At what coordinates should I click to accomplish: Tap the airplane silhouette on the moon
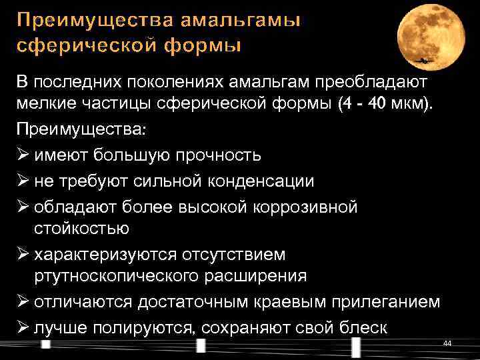(423, 60)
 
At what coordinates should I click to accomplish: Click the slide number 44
(447, 343)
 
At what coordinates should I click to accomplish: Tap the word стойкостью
(81, 229)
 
